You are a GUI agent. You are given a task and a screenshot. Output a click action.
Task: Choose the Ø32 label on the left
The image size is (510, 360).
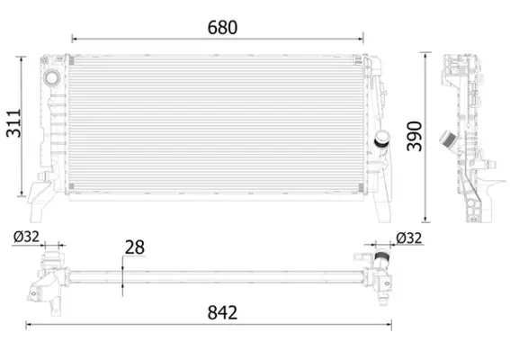tap(27, 238)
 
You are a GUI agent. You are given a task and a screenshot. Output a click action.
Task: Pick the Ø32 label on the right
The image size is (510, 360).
tap(409, 238)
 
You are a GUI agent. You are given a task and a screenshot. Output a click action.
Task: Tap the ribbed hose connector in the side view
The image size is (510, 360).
tap(445, 140)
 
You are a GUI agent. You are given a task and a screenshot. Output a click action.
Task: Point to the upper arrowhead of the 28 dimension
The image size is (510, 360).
tap(123, 262)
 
